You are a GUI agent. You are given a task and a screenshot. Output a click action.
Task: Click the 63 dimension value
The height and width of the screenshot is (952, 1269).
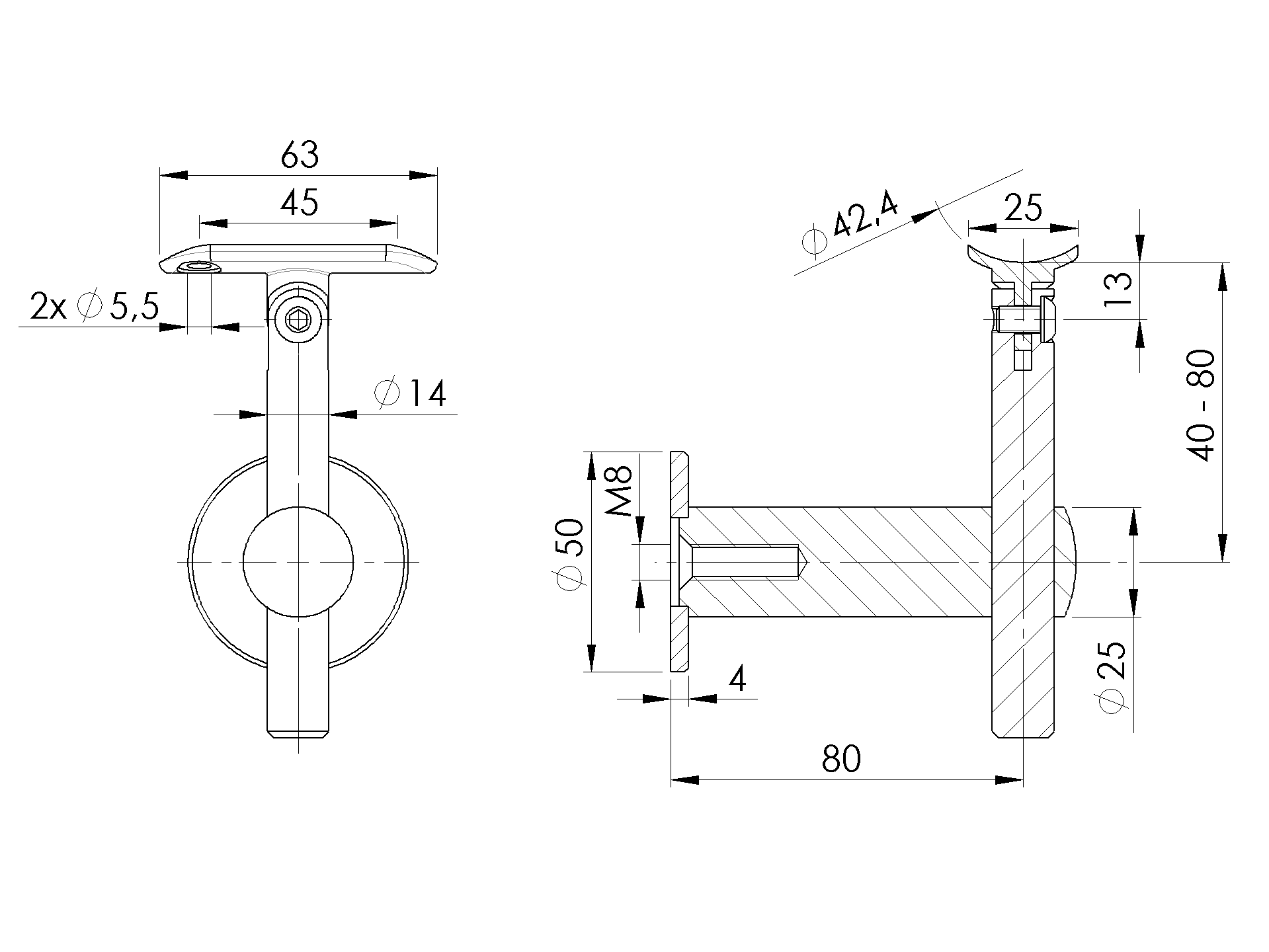(x=300, y=155)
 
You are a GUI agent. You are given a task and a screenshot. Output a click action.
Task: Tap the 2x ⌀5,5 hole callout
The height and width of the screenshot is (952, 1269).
(x=95, y=307)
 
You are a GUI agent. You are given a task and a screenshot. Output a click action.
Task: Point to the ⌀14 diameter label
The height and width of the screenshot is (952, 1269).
(x=410, y=393)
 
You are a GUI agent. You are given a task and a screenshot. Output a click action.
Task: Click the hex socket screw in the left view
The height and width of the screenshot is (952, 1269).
(x=299, y=321)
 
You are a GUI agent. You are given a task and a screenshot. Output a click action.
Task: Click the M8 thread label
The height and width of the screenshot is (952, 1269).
(x=620, y=491)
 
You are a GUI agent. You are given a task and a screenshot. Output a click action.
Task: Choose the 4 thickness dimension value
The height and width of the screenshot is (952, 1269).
(x=737, y=678)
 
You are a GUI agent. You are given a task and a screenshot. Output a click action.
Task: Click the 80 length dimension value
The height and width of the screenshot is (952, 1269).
(x=841, y=759)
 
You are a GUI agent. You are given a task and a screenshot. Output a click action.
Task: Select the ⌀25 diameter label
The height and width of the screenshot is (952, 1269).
(x=1112, y=677)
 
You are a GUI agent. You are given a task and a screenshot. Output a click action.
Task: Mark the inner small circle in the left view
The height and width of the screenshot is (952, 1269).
(x=298, y=561)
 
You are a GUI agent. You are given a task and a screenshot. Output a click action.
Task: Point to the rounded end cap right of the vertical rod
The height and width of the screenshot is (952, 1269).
(x=1066, y=561)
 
